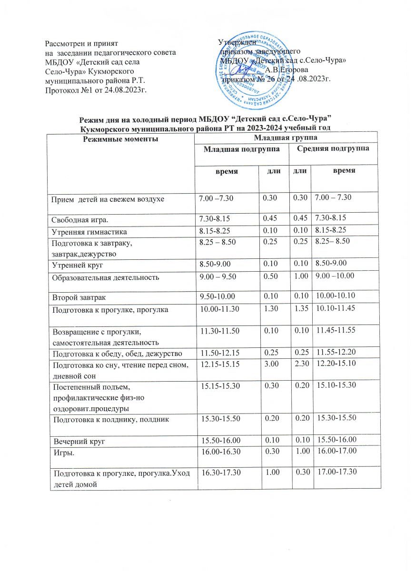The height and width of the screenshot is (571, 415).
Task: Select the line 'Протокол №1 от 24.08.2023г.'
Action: pos(95,89)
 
